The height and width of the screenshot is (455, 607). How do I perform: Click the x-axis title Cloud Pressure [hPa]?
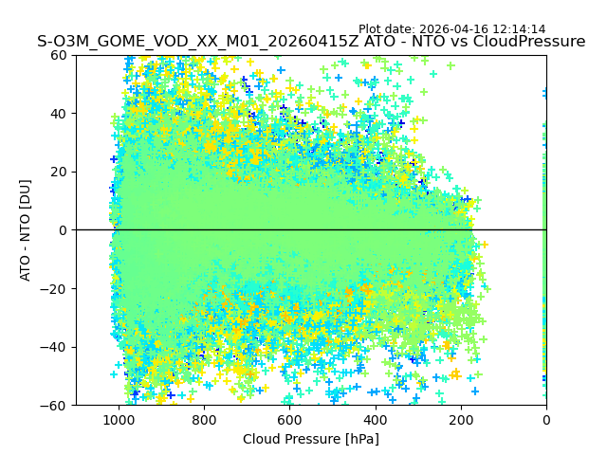311,439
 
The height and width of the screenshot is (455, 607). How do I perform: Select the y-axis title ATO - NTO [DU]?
26,230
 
